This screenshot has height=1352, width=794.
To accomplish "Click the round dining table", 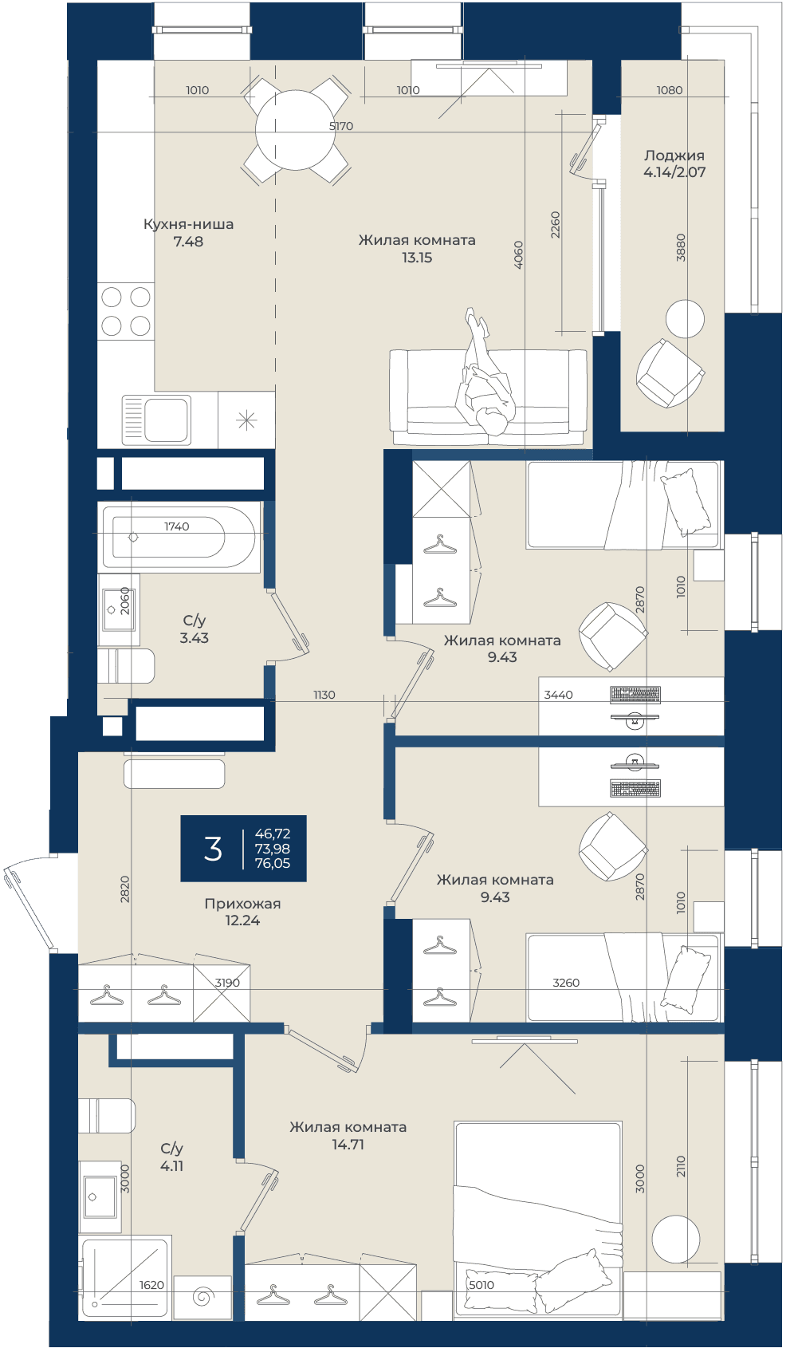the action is pyautogui.click(x=295, y=130).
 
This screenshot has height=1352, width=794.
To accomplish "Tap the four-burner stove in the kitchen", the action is pyautogui.click(x=126, y=311).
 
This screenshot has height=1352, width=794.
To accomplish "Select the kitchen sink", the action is pyautogui.click(x=156, y=420).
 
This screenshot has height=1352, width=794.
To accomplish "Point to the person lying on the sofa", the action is pyautogui.click(x=485, y=373).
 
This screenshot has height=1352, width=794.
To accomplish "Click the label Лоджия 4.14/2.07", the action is pyautogui.click(x=674, y=164).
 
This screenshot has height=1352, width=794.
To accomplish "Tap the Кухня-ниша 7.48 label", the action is pyautogui.click(x=188, y=233).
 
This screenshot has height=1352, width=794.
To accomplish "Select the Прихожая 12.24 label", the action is pyautogui.click(x=242, y=912).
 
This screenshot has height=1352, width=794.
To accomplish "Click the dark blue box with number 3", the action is pyautogui.click(x=244, y=849).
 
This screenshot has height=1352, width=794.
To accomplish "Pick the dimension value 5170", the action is pyautogui.click(x=341, y=126).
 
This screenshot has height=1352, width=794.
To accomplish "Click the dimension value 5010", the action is pyautogui.click(x=482, y=1285).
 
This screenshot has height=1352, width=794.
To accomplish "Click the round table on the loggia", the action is pyautogui.click(x=685, y=319).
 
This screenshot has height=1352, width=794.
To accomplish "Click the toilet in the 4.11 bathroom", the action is pyautogui.click(x=107, y=1117).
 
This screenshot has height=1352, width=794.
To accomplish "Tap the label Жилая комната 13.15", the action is pyautogui.click(x=417, y=249).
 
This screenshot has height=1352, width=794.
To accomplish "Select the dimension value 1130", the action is pyautogui.click(x=324, y=696).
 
